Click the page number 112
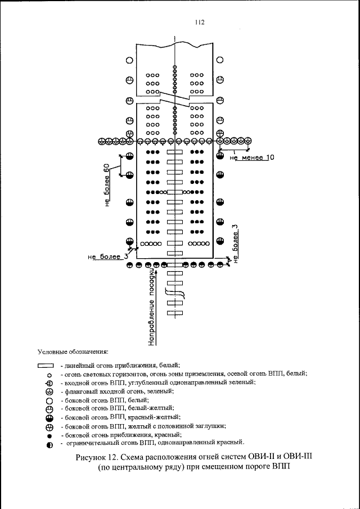(x=198, y=22)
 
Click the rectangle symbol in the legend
(x=49, y=366)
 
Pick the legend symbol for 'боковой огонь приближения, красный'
(x=49, y=436)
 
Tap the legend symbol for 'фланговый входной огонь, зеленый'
(x=49, y=391)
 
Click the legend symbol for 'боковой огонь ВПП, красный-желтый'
(x=49, y=418)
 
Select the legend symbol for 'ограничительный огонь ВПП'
(x=49, y=445)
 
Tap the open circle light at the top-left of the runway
(x=129, y=60)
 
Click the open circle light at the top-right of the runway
(x=220, y=60)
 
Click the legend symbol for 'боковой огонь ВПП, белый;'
(x=49, y=400)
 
